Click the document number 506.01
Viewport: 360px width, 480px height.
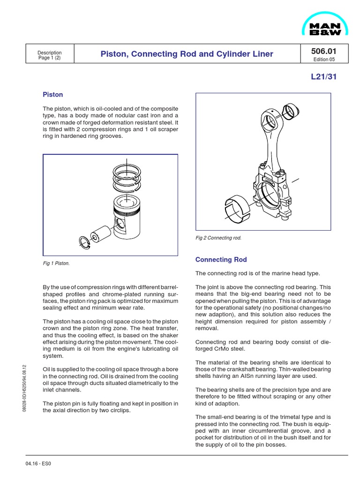[x=323, y=51]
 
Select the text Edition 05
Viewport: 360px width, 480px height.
[x=323, y=60]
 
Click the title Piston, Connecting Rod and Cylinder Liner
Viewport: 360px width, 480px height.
[x=187, y=54]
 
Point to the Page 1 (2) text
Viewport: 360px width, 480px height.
[x=50, y=58]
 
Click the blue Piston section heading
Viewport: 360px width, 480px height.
[x=52, y=95]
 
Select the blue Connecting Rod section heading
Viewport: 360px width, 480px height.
[x=221, y=259]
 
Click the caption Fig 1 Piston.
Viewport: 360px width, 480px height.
[x=56, y=263]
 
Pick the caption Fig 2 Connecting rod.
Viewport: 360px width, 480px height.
[x=218, y=238]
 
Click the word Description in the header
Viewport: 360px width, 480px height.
[x=50, y=52]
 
